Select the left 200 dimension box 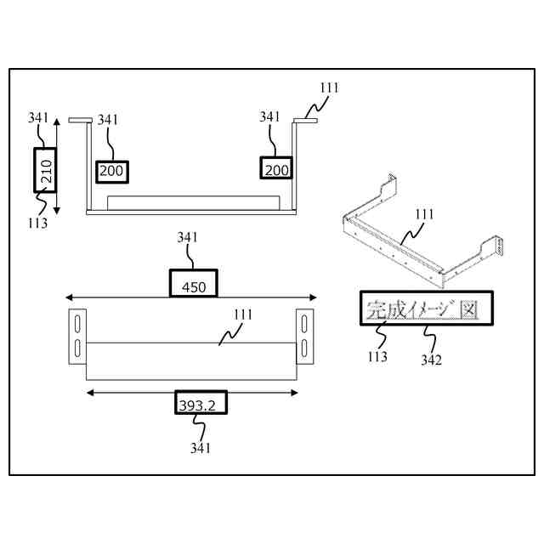(111, 171)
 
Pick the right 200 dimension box (275, 169)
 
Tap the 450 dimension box (194, 285)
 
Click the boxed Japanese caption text (419, 309)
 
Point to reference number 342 (431, 360)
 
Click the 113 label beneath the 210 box (37, 223)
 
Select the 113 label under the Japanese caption (377, 356)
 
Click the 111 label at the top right (331, 88)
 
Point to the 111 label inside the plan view (243, 314)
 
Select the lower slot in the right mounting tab (304, 348)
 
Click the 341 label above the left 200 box (108, 120)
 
